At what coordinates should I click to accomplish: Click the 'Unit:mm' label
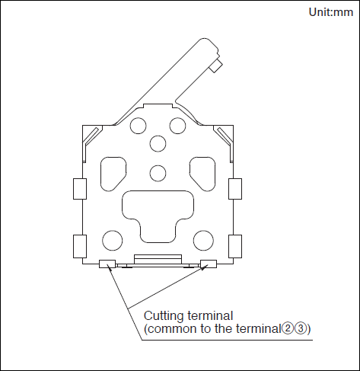point(330,12)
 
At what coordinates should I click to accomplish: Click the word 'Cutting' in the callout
point(164,316)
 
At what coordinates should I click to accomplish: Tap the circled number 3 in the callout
point(301,329)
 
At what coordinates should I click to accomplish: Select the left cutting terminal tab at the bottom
point(107,264)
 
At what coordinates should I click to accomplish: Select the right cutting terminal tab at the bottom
point(209,264)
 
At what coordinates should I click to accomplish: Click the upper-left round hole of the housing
point(138,126)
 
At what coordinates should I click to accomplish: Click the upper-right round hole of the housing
point(177,126)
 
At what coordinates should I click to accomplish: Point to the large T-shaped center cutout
point(158,216)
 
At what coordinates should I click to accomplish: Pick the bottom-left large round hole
point(113,241)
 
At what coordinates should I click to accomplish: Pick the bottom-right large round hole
point(203,241)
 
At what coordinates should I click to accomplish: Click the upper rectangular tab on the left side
point(80,189)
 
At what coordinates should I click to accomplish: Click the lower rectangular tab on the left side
point(80,246)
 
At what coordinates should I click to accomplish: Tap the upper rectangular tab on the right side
point(235,189)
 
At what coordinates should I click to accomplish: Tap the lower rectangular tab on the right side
point(235,246)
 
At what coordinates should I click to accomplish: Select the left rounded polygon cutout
point(113,174)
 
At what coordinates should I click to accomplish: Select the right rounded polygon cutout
point(202,174)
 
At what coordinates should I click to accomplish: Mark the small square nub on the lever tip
point(216,66)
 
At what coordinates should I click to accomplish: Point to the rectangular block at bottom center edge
point(158,259)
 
